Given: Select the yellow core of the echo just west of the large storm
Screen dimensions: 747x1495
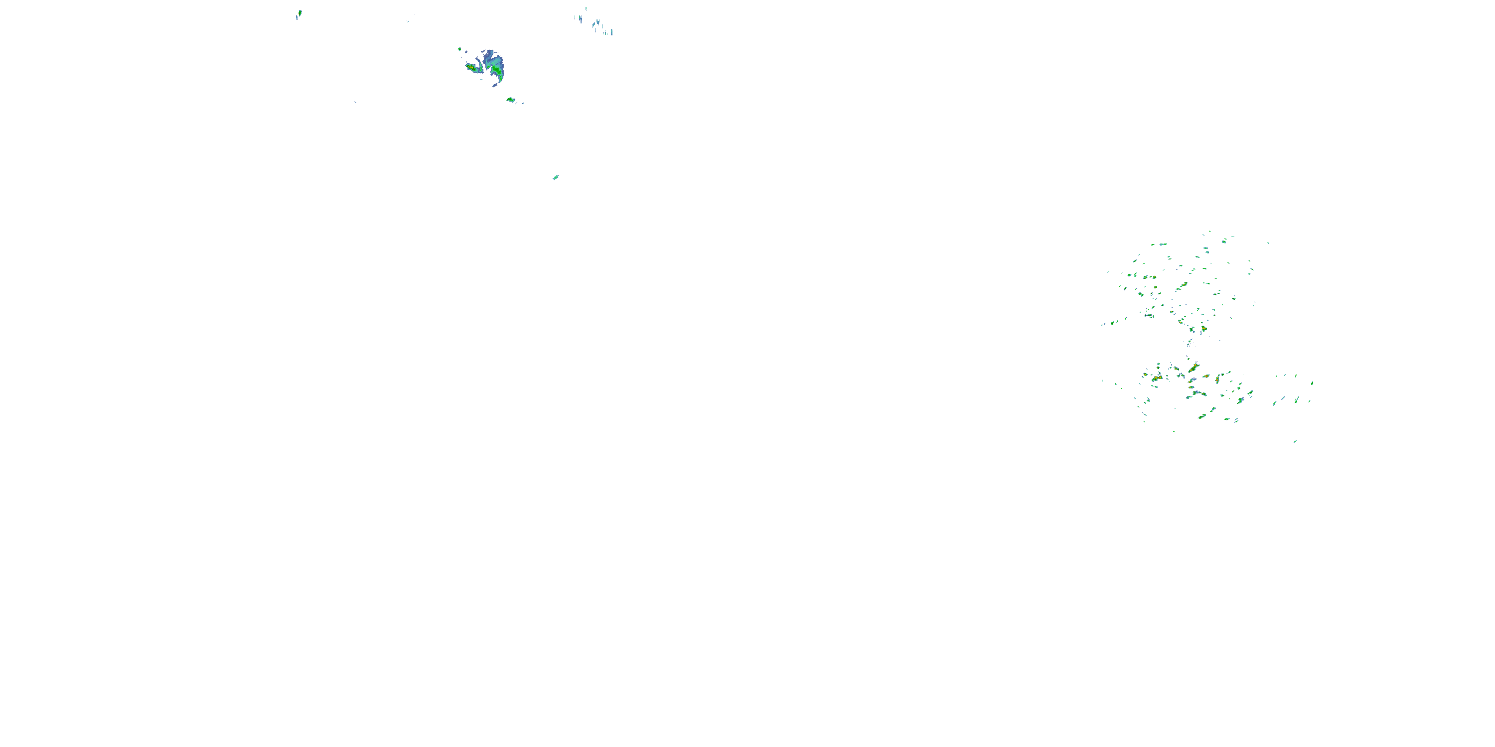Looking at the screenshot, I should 470,67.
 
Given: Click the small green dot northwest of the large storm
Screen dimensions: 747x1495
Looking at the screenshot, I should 459,49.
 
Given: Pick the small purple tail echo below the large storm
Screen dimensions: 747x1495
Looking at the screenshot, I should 495,85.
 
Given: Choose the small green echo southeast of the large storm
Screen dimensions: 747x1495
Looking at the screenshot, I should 510,100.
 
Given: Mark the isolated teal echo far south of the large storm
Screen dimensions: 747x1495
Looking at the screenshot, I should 556,177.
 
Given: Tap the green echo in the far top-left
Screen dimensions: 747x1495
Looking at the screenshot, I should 299,12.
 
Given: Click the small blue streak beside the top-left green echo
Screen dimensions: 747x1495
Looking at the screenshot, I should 296,17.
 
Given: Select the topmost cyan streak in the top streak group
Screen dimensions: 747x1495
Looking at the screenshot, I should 586,8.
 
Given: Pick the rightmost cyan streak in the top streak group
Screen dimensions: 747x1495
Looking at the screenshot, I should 611,32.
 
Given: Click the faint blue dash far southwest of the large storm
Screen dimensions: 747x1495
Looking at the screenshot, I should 355,103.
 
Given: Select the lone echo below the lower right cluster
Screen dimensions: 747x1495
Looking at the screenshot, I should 1295,441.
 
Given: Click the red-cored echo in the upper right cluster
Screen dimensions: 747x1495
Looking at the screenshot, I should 1203,329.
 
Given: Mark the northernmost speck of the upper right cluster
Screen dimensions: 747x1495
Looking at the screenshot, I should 1209,232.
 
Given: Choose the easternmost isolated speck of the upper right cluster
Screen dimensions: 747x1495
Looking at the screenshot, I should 1268,243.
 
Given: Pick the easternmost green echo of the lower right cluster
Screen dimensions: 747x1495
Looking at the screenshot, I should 1312,383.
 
